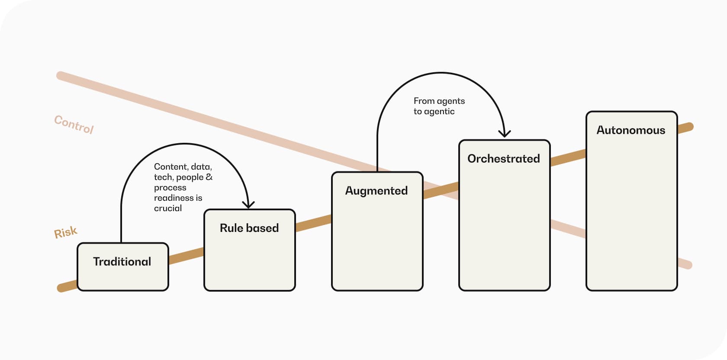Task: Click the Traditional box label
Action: pyautogui.click(x=122, y=262)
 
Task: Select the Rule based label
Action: pyautogui.click(x=249, y=228)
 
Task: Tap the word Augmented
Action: pyautogui.click(x=376, y=191)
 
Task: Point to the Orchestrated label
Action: pyautogui.click(x=504, y=159)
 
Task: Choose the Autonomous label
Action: pyautogui.click(x=631, y=130)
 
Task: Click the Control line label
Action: pyautogui.click(x=74, y=125)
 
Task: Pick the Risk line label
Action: pyautogui.click(x=65, y=233)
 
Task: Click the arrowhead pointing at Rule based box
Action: pyautogui.click(x=248, y=204)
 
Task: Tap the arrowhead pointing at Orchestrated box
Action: pyautogui.click(x=504, y=133)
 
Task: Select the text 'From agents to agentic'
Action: pyautogui.click(x=439, y=106)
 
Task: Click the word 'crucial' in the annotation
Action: pyautogui.click(x=168, y=209)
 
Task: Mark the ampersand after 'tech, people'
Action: pyautogui.click(x=209, y=177)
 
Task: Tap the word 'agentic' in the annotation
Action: pyautogui.click(x=439, y=112)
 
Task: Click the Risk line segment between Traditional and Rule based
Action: pyautogui.click(x=186, y=256)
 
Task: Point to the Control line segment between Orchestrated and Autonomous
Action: pyautogui.click(x=568, y=228)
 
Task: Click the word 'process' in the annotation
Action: pyautogui.click(x=170, y=188)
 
